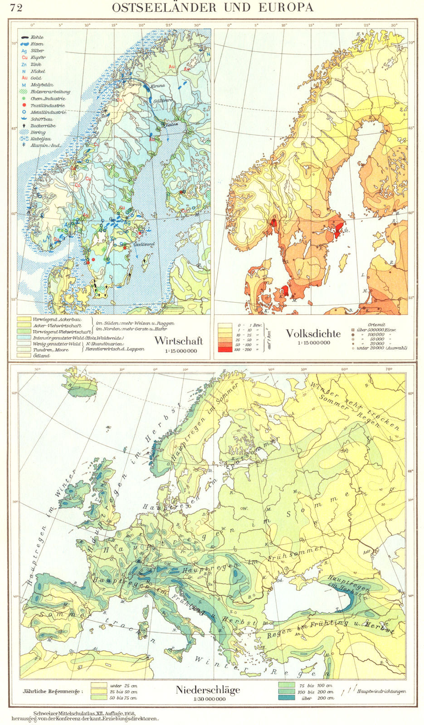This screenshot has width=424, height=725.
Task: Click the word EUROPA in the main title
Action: [289, 8]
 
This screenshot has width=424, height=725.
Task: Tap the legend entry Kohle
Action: [38, 37]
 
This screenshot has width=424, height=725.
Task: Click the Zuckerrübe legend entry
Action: [42, 126]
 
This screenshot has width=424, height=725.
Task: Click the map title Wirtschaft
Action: [179, 341]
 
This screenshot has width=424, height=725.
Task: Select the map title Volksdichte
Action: [313, 333]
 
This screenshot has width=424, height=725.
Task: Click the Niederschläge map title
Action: [208, 690]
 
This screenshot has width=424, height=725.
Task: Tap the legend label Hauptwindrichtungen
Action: [381, 691]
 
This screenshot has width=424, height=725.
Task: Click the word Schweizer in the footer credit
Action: [40, 713]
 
